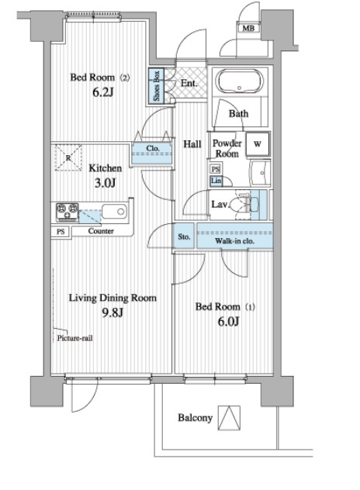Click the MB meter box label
coord(248,29)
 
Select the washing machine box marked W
coord(258,143)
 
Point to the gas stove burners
coord(67,212)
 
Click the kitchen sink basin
coord(114,212)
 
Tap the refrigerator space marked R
coord(68,157)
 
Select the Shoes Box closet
coord(156,85)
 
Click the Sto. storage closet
coord(184,236)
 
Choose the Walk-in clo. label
coord(234,241)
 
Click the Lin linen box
coord(216,181)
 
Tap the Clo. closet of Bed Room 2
coord(152,153)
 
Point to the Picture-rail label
coord(74,338)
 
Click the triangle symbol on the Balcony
coord(229,418)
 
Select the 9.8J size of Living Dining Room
coord(113,312)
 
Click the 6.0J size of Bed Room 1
coord(228,321)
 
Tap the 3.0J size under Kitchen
coord(105,183)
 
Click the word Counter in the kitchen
coord(101,231)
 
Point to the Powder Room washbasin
coord(260,173)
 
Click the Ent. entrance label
coord(189,83)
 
